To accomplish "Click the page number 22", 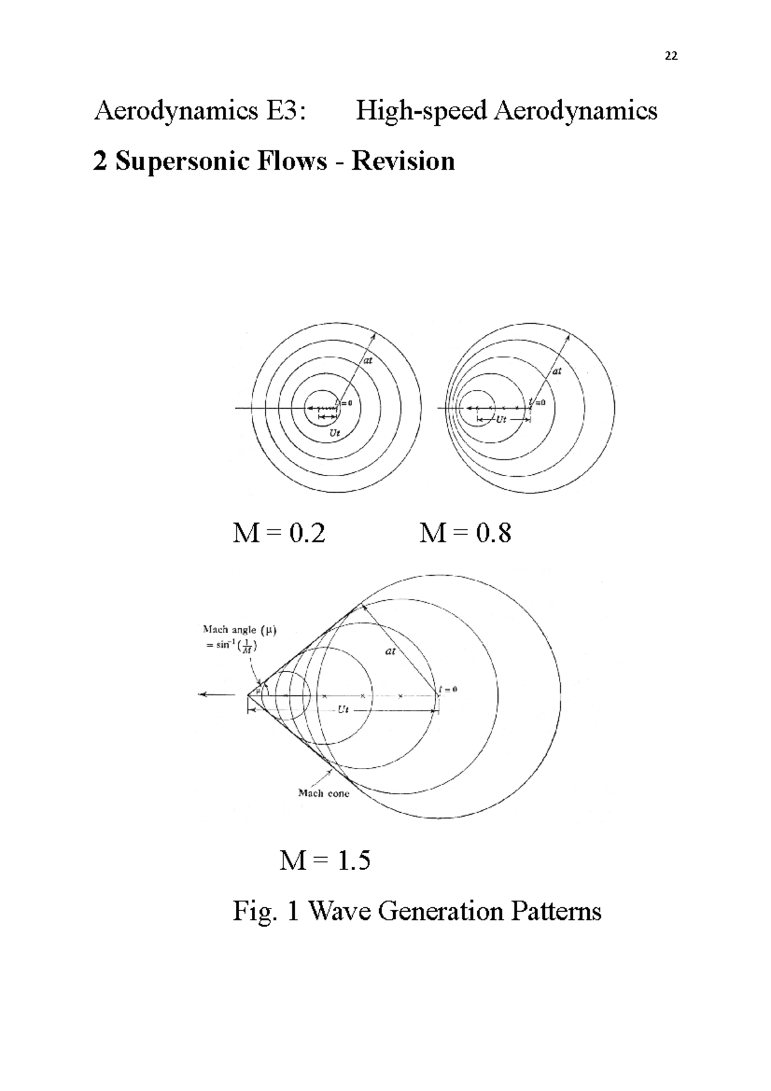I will tap(671, 56).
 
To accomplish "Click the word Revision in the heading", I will tap(403, 161).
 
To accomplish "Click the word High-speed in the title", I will tap(421, 111).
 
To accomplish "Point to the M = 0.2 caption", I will tap(279, 533).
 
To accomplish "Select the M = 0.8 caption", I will tap(465, 533).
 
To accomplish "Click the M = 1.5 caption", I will tap(325, 860).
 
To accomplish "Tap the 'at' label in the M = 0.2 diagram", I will tap(368, 361).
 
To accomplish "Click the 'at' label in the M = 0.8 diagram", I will tap(556, 371).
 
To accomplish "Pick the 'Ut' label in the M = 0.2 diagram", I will tap(335, 434).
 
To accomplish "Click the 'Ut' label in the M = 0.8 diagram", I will tap(502, 420).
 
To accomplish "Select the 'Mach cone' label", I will tap(324, 794).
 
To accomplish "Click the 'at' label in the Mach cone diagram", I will tap(390, 651).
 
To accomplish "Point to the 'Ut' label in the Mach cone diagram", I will tap(343, 710).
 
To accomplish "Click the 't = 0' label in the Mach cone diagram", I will tap(448, 689).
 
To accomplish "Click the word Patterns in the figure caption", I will tap(553, 911).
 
